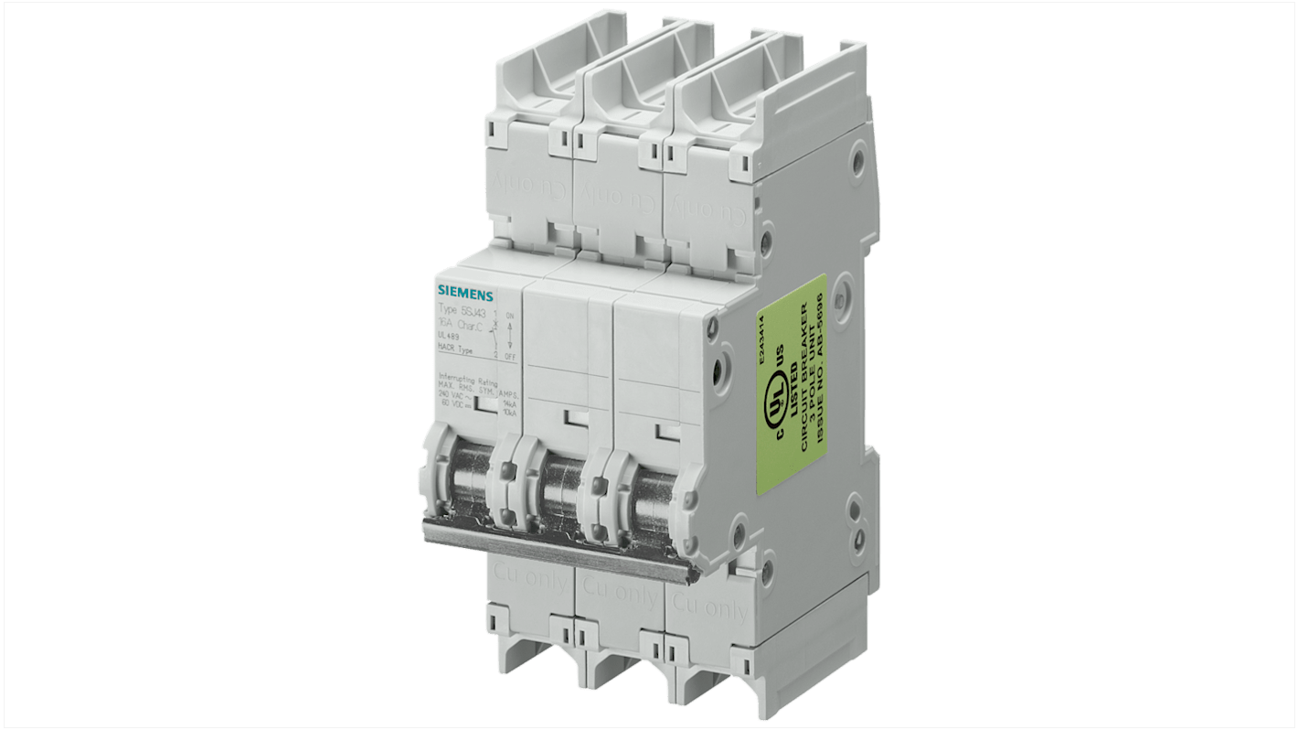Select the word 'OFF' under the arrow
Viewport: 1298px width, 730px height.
(x=509, y=356)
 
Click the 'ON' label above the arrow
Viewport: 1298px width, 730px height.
(x=509, y=316)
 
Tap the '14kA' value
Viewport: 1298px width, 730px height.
(x=508, y=403)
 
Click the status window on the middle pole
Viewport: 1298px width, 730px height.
(x=575, y=419)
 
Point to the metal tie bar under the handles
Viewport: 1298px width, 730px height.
(x=558, y=546)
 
